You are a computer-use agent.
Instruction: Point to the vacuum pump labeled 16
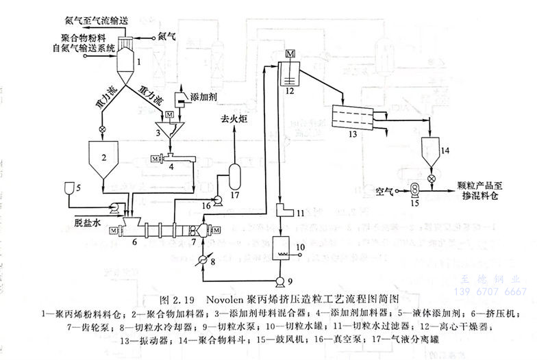pyautogui.click(x=216, y=200)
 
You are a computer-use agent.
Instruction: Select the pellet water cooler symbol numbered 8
pyautogui.click(x=203, y=261)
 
